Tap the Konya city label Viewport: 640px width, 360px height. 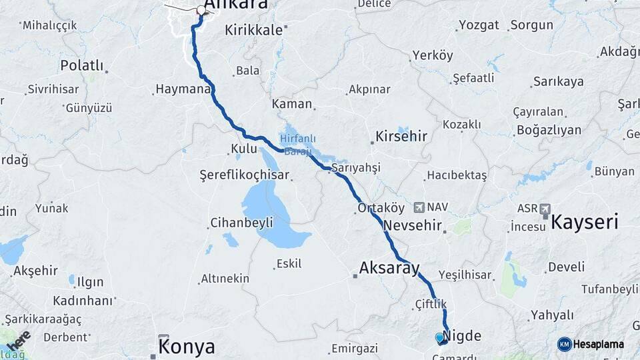(187, 347)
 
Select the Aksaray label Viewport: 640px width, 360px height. (389, 268)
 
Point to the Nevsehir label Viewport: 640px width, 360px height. (413, 225)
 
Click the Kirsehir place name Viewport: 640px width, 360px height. (401, 136)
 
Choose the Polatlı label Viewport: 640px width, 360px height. (82, 65)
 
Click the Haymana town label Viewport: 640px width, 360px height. (183, 88)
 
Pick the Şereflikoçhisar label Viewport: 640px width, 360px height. (245, 175)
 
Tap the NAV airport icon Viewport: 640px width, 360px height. (419, 207)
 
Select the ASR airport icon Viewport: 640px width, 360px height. (545, 209)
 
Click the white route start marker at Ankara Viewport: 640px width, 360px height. (201, 10)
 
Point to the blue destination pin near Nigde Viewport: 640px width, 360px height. (439, 337)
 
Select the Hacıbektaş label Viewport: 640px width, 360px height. (457, 175)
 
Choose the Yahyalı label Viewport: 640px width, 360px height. (552, 315)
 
